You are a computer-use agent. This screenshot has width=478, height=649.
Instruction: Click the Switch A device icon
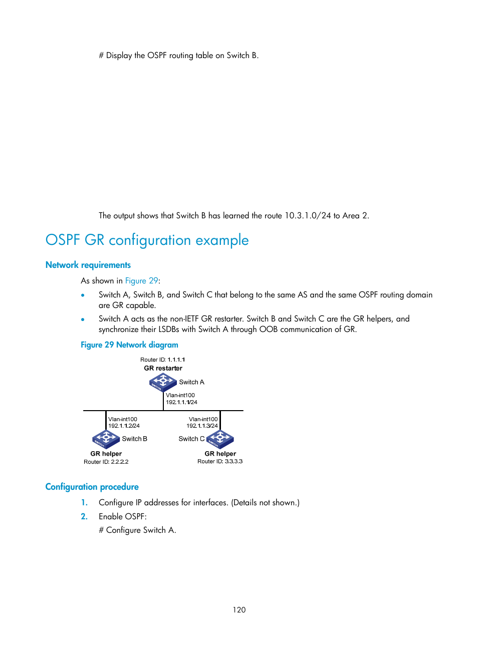[162, 382]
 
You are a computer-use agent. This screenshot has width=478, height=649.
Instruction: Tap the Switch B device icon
[106, 439]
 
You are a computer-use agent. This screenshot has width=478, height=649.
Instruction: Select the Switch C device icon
[220, 439]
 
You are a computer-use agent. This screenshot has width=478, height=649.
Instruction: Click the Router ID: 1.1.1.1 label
[162, 360]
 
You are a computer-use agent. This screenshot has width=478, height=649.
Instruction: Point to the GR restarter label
[163, 368]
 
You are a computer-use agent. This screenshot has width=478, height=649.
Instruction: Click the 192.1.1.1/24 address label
[181, 402]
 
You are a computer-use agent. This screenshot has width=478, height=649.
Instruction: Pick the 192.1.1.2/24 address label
[124, 426]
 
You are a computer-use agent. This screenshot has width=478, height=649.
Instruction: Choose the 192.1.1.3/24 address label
[202, 426]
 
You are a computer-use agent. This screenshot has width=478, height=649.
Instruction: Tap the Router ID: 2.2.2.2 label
[106, 462]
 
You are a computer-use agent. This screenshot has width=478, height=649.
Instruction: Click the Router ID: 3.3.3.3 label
[219, 461]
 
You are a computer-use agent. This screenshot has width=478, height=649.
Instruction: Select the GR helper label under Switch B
[106, 454]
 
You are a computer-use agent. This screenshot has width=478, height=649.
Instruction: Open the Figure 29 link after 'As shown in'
[141, 281]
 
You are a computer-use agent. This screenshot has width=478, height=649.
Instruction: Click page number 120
[239, 609]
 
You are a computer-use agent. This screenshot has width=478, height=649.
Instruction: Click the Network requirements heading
[88, 265]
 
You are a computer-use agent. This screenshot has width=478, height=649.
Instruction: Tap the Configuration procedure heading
[92, 487]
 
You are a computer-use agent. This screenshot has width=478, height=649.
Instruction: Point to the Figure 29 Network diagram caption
[129, 345]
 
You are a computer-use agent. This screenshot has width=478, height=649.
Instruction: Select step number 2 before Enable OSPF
[84, 516]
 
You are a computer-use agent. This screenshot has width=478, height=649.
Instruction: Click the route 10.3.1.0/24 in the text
[308, 216]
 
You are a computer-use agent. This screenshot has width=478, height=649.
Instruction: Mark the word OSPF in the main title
[63, 240]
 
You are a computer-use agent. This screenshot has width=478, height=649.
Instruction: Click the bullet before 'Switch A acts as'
[83, 319]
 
